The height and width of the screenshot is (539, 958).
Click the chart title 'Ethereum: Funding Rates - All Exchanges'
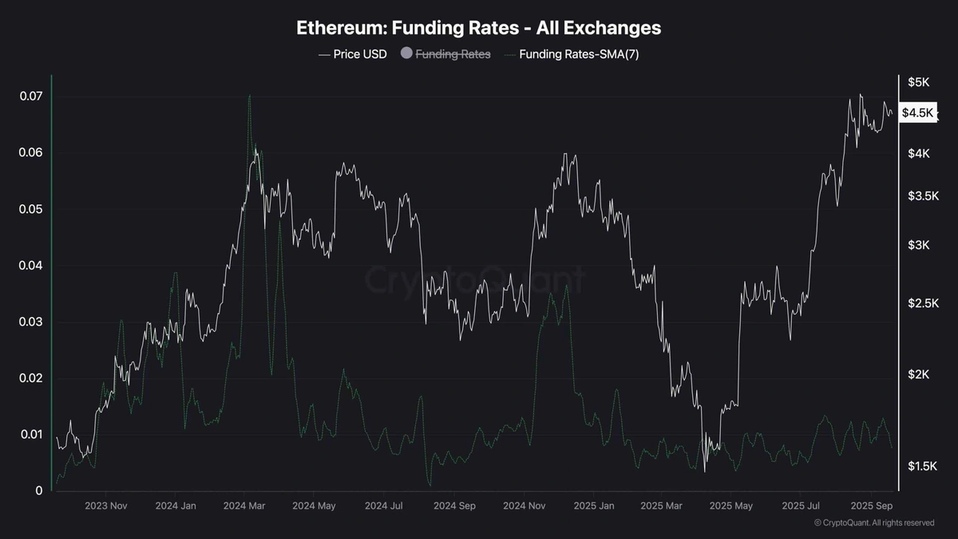coord(478,27)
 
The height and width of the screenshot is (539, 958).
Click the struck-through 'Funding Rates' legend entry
coord(453,54)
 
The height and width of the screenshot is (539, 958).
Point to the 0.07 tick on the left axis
coord(30,97)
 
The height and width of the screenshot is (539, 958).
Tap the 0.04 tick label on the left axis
coord(30,266)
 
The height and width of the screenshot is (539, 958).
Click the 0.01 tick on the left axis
coord(30,434)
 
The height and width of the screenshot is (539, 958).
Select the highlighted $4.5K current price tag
coord(916,113)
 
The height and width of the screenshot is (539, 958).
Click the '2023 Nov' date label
coord(106,506)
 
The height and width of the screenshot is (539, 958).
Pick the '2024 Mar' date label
coord(245,506)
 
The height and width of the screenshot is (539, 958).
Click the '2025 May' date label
coord(731,506)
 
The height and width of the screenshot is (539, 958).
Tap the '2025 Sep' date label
coord(870,506)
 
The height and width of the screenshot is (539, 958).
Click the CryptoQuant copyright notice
coord(874,523)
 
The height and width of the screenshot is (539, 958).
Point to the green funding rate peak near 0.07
coord(249,97)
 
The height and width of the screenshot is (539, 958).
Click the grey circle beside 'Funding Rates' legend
coord(406,54)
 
